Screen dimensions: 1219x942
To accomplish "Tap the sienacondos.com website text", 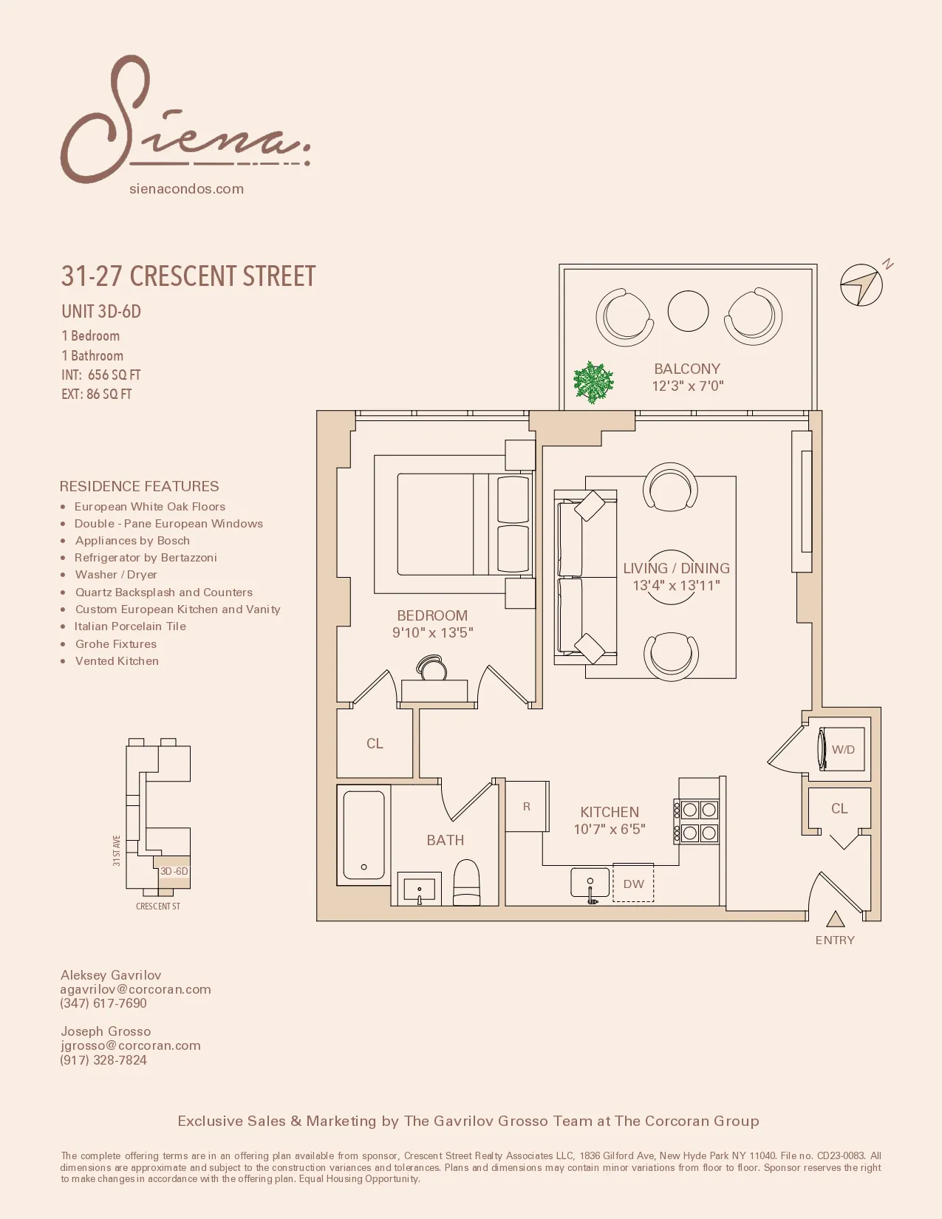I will pos(186,189).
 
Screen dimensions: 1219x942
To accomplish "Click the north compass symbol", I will pos(861,285).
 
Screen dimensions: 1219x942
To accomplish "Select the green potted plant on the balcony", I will pos(593,382).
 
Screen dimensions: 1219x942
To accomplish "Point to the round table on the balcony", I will pos(688,311).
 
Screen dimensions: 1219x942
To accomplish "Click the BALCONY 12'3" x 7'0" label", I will pos(687,377).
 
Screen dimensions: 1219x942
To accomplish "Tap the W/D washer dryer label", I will pos(843,749).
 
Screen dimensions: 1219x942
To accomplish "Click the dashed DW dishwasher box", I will pos(633,884).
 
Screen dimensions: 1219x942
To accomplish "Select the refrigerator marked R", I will pos(527,806).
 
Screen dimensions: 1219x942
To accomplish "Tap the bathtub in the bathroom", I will pos(364,835).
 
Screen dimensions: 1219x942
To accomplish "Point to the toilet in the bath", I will pos(466,883).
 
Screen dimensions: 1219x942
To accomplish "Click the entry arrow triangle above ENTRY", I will pos(835,920).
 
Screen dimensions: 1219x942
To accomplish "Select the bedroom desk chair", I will pos(432,668).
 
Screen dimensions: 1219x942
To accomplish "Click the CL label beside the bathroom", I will pos(375,743).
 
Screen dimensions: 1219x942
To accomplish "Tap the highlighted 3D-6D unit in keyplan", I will pos(174,871).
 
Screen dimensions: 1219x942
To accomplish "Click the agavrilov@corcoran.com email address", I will pos(136,989).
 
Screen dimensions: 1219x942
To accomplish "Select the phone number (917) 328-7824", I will pos(103,1059).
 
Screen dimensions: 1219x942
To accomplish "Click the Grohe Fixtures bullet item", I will pos(116,643).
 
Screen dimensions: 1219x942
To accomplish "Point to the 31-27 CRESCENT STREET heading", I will pos(188,276).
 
